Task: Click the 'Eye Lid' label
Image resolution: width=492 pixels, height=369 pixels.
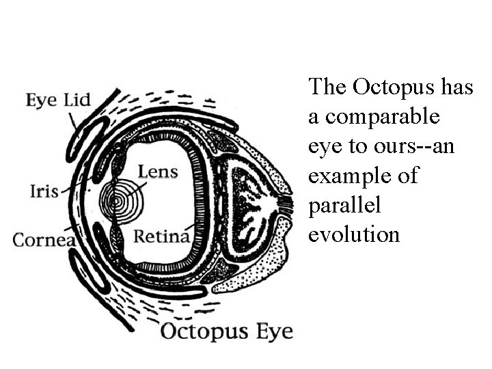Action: pos(58,100)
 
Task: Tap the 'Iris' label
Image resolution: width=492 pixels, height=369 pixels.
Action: pos(44,191)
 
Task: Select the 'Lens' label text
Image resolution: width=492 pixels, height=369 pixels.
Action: pos(158,171)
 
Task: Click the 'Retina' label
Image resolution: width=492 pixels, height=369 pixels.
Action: pos(161,236)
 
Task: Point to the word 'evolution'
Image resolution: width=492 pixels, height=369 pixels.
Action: pos(353,234)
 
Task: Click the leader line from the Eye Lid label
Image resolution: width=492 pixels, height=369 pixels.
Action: pos(73,122)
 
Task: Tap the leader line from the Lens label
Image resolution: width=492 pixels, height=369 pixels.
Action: pos(137,184)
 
